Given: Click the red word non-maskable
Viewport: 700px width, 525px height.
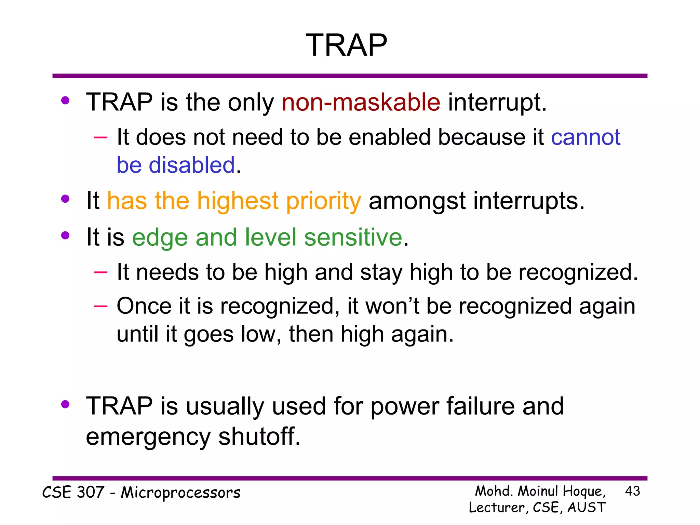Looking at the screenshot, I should [x=361, y=102].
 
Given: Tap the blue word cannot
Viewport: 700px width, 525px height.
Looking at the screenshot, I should [x=585, y=137].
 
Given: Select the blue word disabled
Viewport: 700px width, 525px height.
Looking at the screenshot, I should [x=192, y=165].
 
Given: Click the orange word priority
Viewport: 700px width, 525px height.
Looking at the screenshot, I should [x=323, y=201].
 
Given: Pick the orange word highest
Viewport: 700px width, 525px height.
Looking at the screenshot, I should [x=238, y=201].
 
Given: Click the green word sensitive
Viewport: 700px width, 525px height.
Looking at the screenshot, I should [x=353, y=237].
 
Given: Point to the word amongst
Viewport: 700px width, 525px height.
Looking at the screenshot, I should [x=417, y=201].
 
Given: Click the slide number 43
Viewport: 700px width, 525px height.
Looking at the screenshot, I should [x=632, y=491].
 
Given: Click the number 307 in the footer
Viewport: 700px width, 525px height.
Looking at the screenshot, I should [x=90, y=493].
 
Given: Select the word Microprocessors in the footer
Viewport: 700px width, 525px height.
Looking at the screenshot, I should [x=180, y=493].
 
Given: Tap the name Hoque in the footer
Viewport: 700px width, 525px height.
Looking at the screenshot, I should [x=584, y=492].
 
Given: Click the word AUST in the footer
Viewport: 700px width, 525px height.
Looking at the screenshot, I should [x=587, y=508].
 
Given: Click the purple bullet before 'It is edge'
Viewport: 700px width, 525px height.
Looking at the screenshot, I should [x=65, y=235].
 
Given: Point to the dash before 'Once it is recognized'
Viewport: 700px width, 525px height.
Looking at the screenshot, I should [x=100, y=306].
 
